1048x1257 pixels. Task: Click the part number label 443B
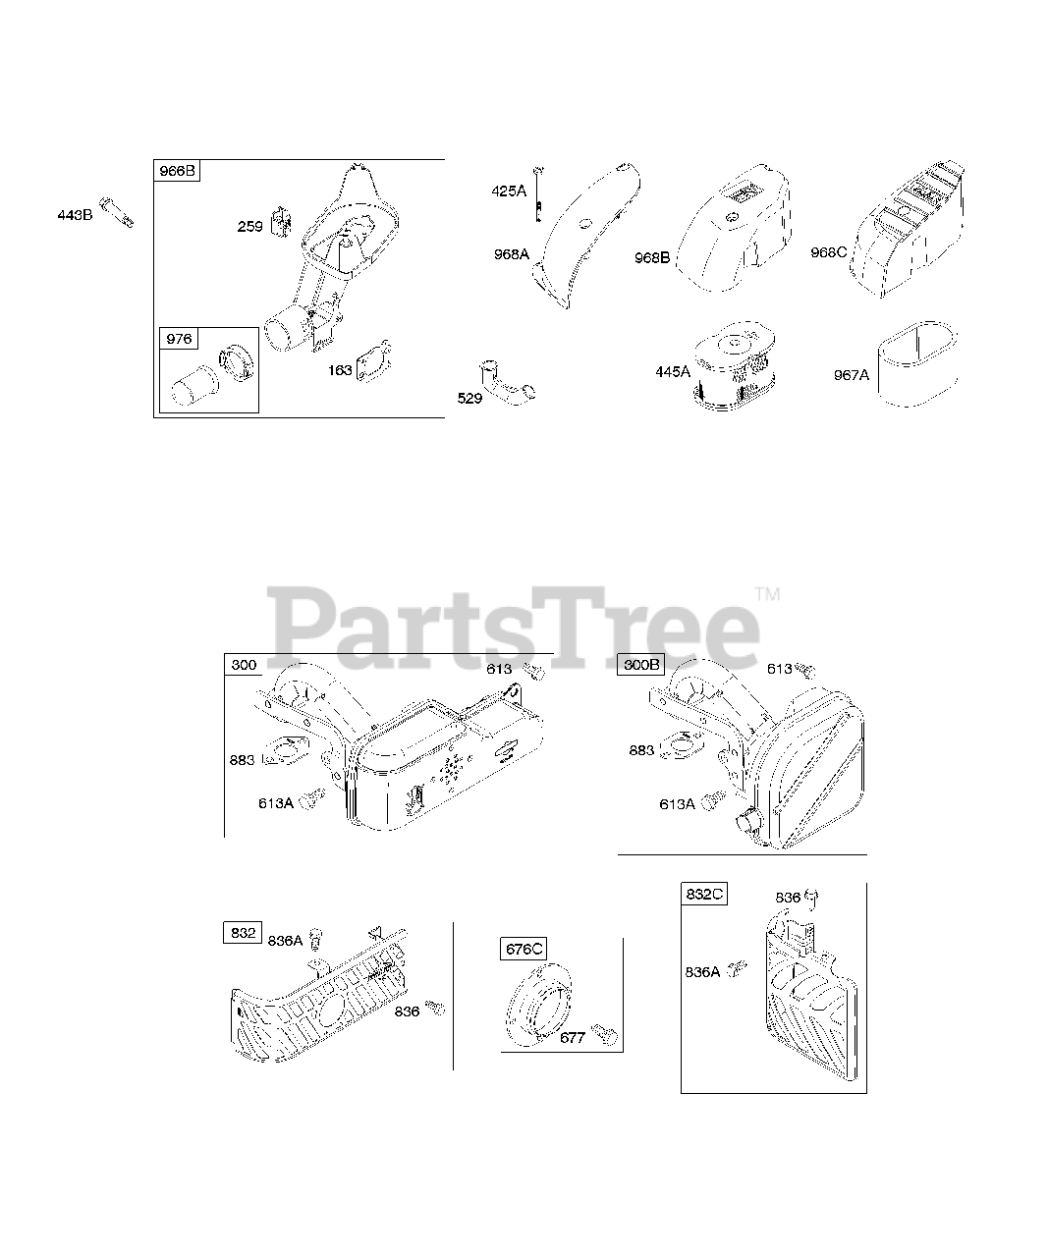click(75, 215)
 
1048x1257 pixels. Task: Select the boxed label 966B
click(178, 172)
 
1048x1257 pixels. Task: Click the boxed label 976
click(179, 339)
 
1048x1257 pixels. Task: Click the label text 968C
click(829, 251)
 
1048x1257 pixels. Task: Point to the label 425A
click(509, 191)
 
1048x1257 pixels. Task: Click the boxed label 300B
click(641, 665)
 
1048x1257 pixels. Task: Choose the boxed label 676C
click(524, 949)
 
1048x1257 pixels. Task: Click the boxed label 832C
click(704, 894)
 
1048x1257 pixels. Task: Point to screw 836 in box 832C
click(812, 896)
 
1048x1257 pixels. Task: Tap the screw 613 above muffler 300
click(535, 673)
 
